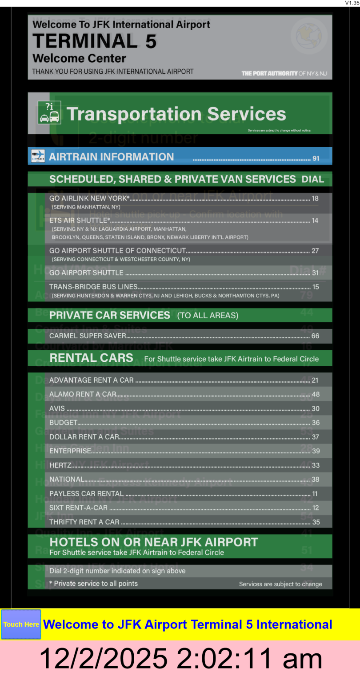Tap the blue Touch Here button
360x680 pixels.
point(21,624)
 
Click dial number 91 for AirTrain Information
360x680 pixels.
point(316,158)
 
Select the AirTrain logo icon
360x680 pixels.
point(38,156)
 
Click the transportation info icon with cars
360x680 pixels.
point(49,112)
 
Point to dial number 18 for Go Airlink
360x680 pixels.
point(315,199)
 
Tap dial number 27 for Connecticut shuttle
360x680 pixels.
point(315,251)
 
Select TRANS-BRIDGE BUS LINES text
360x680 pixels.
point(93,287)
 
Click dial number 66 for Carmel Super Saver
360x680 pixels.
point(315,336)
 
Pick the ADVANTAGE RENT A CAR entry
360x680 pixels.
point(91,380)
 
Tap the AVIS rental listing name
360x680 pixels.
point(57,408)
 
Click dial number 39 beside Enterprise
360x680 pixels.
point(316,451)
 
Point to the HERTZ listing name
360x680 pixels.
point(60,465)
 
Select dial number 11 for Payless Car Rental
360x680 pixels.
point(315,494)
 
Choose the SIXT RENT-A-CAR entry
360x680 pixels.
point(78,508)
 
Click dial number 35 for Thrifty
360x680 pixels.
point(316,522)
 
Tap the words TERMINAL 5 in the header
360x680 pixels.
point(95,41)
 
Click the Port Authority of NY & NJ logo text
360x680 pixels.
point(284,73)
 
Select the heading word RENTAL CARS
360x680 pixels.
point(91,358)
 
